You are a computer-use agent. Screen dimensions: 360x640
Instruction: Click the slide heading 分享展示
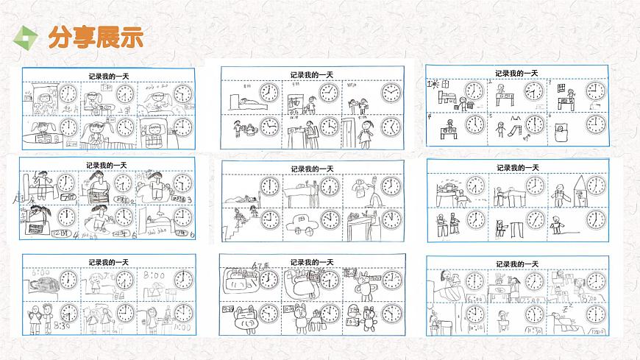click(95, 38)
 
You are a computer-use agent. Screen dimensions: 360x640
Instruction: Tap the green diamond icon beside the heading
click(28, 38)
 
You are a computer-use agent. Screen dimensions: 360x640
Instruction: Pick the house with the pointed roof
click(574, 189)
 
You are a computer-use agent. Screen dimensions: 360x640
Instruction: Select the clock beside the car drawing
click(330, 219)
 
